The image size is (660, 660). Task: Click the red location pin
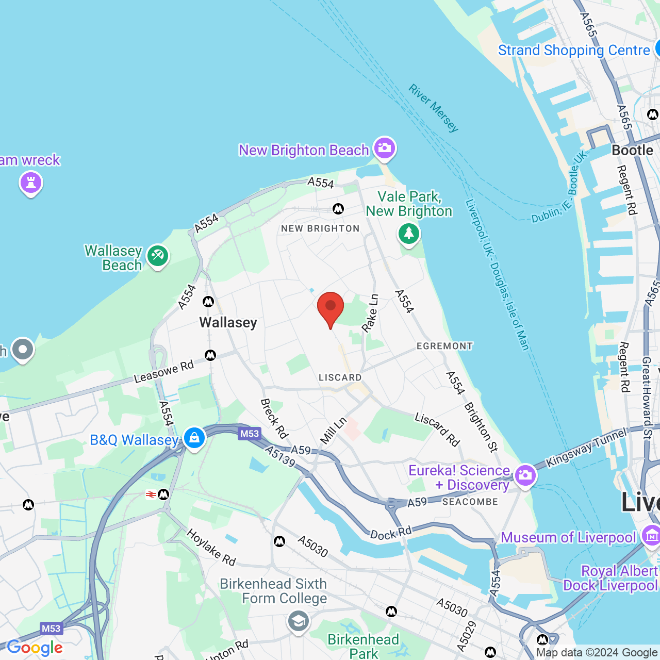(331, 308)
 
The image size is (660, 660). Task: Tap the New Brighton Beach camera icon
(384, 148)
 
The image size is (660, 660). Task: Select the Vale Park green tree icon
(409, 234)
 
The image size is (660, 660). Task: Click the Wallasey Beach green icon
(158, 255)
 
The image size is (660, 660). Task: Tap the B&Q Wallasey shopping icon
(194, 438)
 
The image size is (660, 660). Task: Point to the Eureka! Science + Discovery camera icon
(525, 475)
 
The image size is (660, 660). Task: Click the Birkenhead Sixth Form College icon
(298, 621)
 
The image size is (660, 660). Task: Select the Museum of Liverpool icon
(651, 536)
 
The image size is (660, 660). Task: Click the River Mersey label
(433, 108)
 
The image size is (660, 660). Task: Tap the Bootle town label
(632, 150)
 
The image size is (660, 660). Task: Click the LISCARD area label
(340, 377)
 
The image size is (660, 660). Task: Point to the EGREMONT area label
(444, 346)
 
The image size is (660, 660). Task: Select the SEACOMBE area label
(470, 502)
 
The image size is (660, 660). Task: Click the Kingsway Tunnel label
(586, 448)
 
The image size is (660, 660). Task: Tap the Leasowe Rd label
(163, 372)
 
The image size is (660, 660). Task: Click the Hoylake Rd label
(211, 547)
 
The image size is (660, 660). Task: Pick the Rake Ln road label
(370, 313)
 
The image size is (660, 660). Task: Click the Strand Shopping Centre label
(573, 51)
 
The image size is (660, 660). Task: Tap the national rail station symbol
(151, 494)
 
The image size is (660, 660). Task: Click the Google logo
(35, 648)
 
